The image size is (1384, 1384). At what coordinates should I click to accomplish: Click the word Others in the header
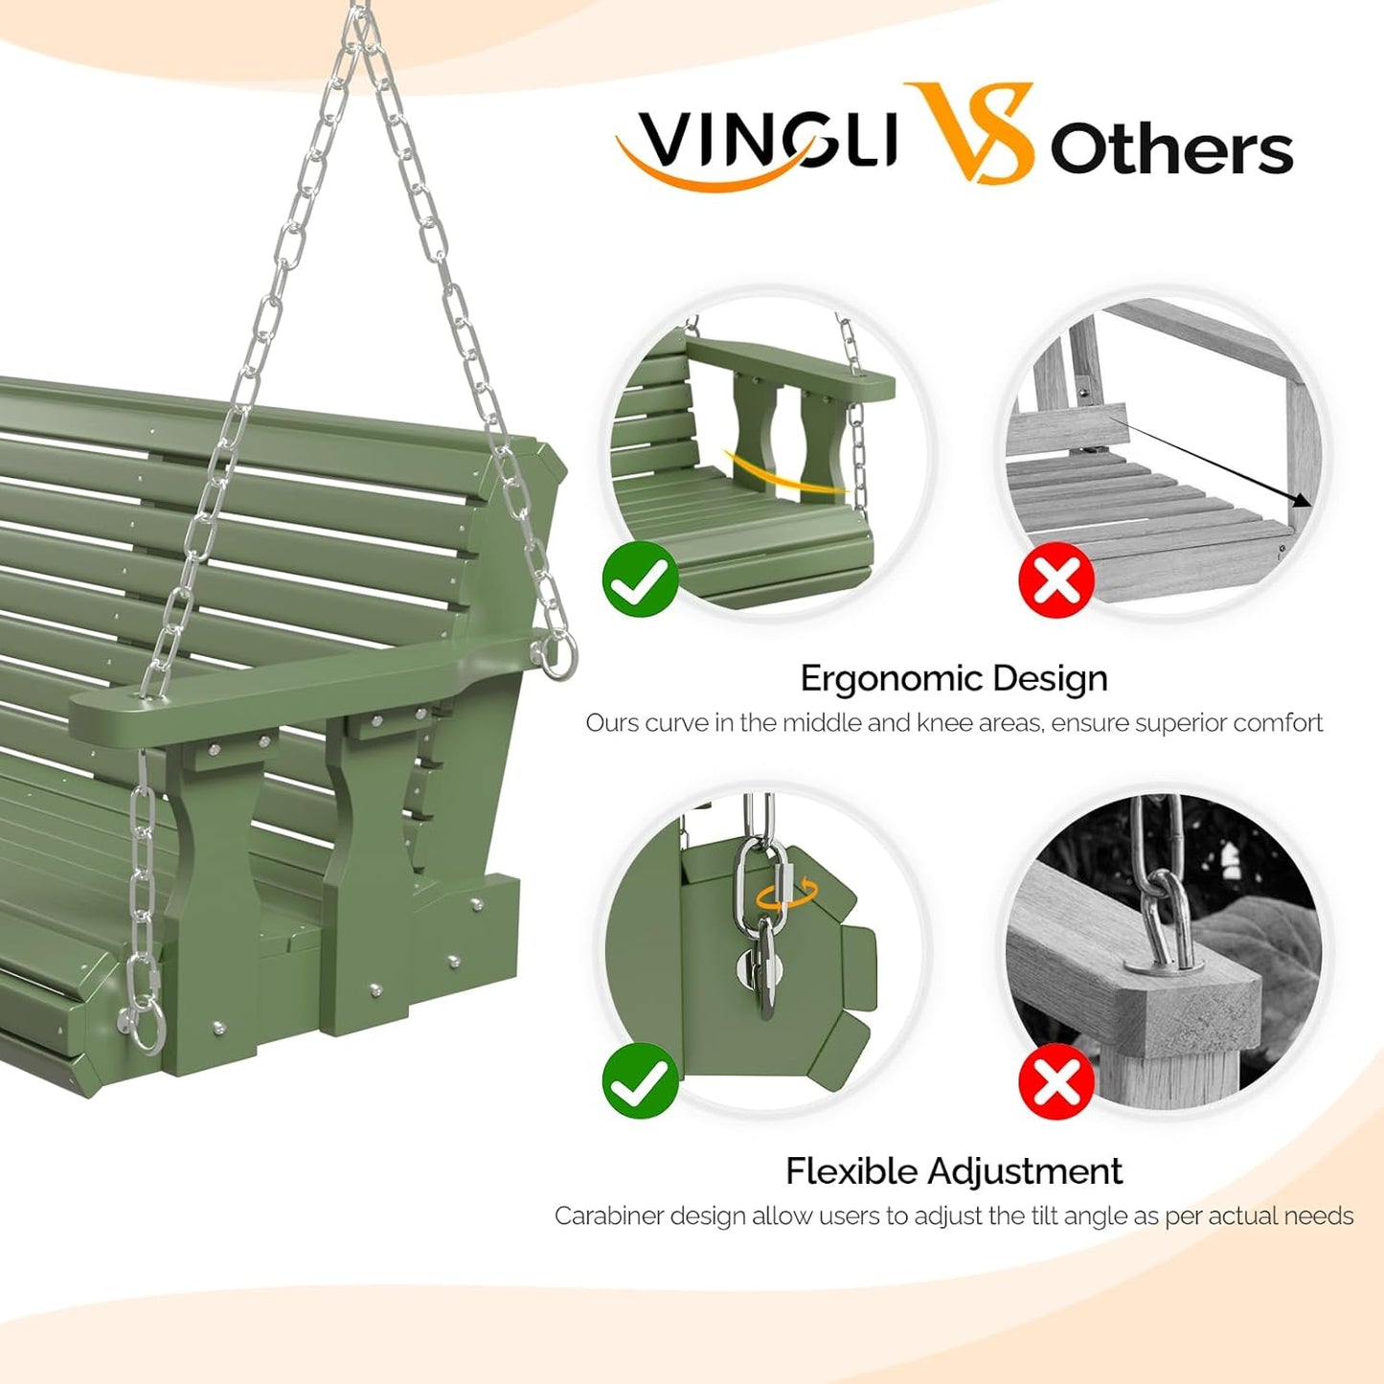[1171, 149]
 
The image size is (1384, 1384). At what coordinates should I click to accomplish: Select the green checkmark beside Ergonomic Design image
[640, 579]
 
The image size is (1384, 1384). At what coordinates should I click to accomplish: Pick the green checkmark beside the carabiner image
[640, 1080]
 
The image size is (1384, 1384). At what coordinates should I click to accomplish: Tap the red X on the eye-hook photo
[1055, 1082]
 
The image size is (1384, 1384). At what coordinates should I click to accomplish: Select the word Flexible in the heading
[851, 1170]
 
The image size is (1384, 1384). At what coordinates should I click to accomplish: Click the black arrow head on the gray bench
[1301, 500]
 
